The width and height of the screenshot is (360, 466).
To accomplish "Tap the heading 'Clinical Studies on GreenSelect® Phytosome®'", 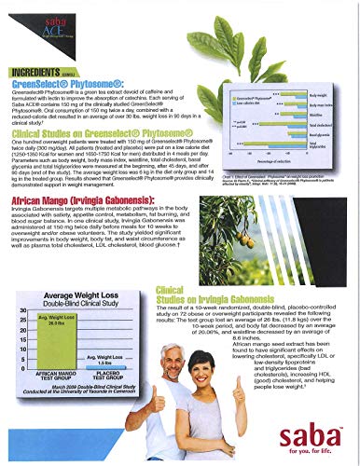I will (104, 110).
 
